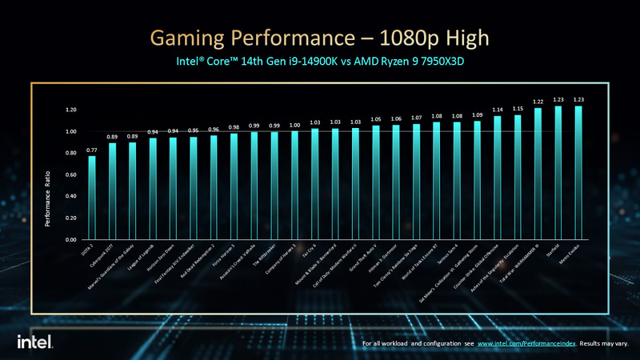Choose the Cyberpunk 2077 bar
tap(113, 191)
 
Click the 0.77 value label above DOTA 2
tap(92, 149)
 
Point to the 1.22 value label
tap(537, 102)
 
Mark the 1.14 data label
tap(497, 110)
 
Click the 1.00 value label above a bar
tap(294, 125)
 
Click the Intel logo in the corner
tap(35, 342)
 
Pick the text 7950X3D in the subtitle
tap(442, 62)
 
